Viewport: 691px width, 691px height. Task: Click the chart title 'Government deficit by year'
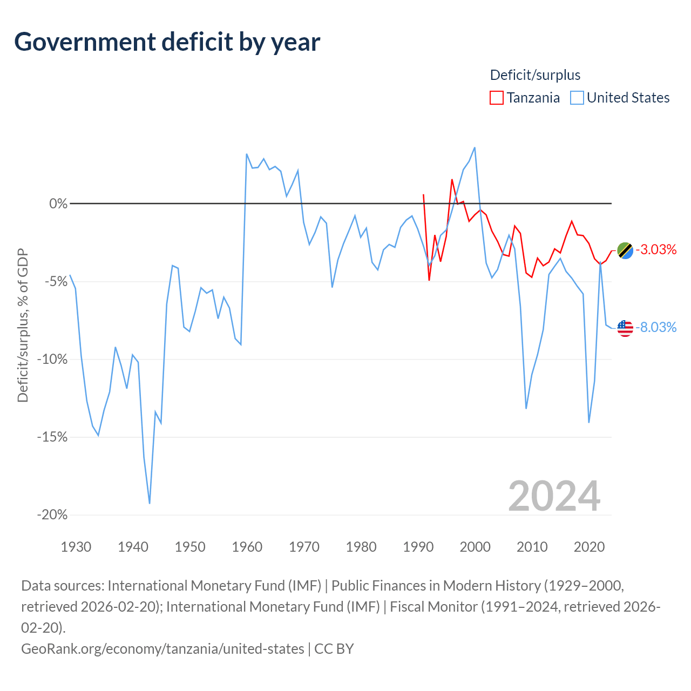pyautogui.click(x=167, y=42)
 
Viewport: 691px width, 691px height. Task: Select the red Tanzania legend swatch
pyautogui.click(x=496, y=98)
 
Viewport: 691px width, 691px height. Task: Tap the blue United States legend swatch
pyautogui.click(x=577, y=98)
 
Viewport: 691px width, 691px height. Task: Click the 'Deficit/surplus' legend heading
pyautogui.click(x=535, y=75)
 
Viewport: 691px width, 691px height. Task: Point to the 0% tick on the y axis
pyautogui.click(x=58, y=204)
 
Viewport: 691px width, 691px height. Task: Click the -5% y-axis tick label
pyautogui.click(x=56, y=281)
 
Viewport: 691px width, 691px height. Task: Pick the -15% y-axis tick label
pyautogui.click(x=52, y=437)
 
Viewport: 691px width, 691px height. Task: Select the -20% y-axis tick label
pyautogui.click(x=52, y=515)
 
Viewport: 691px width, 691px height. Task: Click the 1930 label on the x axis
pyautogui.click(x=76, y=547)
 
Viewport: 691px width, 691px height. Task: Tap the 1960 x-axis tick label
pyautogui.click(x=247, y=547)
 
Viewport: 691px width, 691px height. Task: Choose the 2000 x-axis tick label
pyautogui.click(x=475, y=547)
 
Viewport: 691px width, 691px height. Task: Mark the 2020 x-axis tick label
pyautogui.click(x=589, y=547)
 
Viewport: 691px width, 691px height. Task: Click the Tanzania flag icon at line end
pyautogui.click(x=625, y=250)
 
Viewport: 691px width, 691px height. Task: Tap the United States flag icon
pyautogui.click(x=625, y=328)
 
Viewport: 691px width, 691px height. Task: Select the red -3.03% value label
pyautogui.click(x=656, y=249)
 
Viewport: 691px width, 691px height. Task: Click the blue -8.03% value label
pyautogui.click(x=656, y=327)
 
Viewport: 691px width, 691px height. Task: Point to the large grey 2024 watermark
pyautogui.click(x=554, y=496)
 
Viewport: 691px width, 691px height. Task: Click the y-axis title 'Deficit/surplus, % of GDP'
pyautogui.click(x=23, y=325)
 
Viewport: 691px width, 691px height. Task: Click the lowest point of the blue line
pyautogui.click(x=150, y=504)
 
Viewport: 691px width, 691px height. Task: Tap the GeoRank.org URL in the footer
pyautogui.click(x=163, y=649)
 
